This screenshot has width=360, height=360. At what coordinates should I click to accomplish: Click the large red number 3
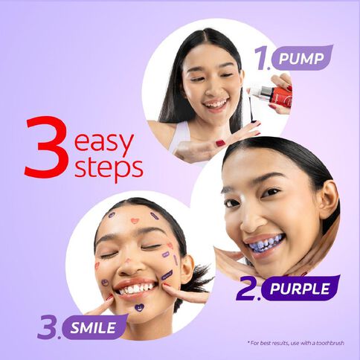point(46,147)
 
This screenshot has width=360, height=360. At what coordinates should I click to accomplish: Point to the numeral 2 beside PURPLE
point(247,289)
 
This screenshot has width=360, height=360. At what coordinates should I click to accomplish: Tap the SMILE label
point(93,326)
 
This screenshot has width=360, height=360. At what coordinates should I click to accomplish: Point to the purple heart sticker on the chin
point(139,307)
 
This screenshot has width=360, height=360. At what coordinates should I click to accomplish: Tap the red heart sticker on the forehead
point(134,221)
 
